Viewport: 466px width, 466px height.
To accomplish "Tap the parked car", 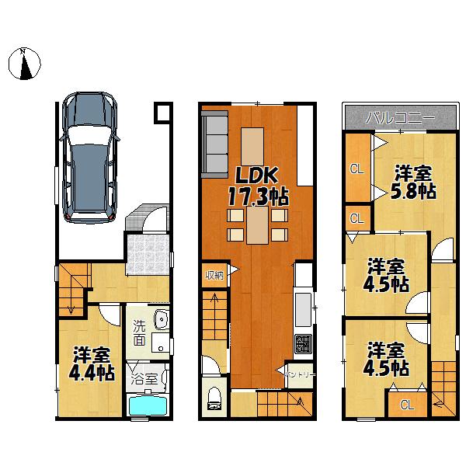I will [90, 155].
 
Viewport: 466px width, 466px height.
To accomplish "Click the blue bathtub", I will [148, 405].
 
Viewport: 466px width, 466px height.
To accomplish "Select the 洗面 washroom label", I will [138, 332].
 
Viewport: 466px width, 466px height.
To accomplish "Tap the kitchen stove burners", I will [301, 343].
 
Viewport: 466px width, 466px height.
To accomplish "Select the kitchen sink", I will [302, 305].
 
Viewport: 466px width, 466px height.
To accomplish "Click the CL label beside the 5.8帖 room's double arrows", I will [356, 169].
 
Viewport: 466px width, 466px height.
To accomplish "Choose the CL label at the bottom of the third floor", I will [406, 404].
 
